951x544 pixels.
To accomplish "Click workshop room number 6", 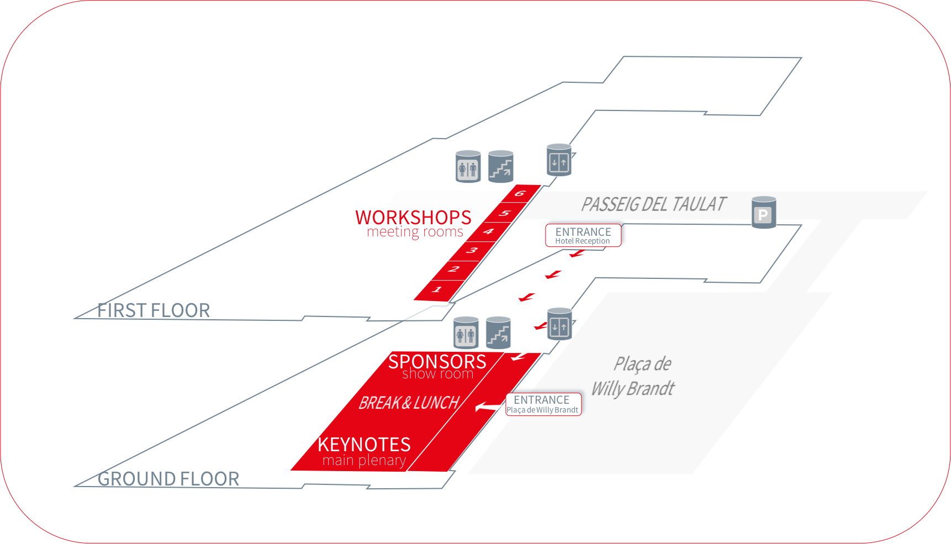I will click(x=519, y=193).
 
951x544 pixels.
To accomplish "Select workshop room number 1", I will click(x=437, y=289).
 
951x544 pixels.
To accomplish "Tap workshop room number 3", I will click(x=472, y=250).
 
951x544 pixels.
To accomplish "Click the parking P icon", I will click(x=764, y=213).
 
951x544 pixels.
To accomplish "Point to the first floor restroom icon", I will click(x=468, y=167).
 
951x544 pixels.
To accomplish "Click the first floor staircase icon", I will click(x=501, y=167).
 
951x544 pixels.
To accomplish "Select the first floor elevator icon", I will click(x=559, y=160).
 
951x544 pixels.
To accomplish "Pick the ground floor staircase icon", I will click(x=498, y=332).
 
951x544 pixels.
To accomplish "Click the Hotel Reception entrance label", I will click(x=583, y=235).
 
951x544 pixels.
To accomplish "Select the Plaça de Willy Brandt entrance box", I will click(x=543, y=404).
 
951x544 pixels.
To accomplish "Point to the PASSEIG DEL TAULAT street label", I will click(x=653, y=204).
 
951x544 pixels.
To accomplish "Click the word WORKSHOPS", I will click(x=413, y=218).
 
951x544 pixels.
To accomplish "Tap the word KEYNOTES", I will click(x=364, y=445).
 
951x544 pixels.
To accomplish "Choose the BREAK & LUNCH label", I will click(x=409, y=403).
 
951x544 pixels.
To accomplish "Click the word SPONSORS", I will click(x=437, y=362).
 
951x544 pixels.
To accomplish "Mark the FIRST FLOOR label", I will click(x=154, y=310).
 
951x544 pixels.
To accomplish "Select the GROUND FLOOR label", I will click(x=168, y=479).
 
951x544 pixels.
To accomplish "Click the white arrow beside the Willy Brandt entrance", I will click(x=487, y=407).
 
